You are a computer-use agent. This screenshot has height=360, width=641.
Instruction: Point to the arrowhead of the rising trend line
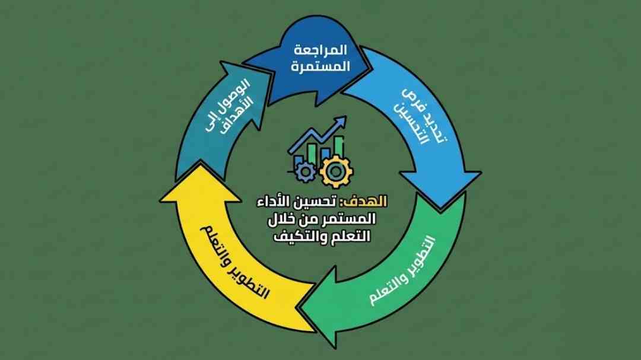(342, 120)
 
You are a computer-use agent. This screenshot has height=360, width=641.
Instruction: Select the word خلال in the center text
(283, 219)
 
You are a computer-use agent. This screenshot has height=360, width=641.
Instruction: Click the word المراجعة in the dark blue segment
(322, 49)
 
